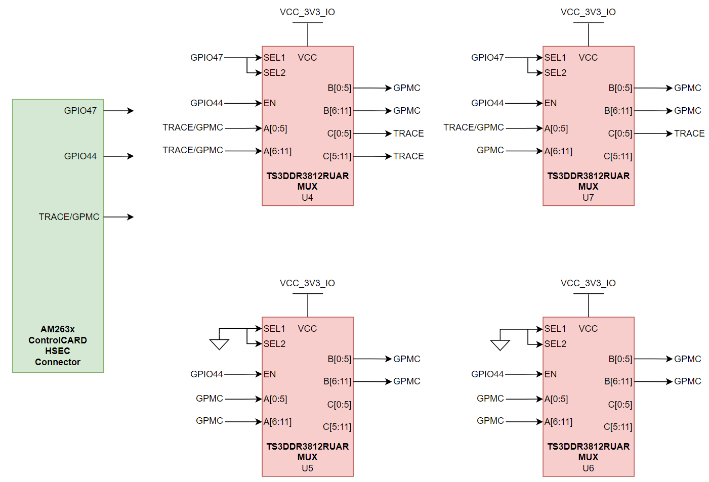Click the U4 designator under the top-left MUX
pos(307,198)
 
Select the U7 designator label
pos(588,198)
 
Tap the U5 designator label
pos(307,468)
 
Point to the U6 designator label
pos(588,468)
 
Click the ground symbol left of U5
pos(219,344)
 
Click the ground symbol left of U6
pos(500,344)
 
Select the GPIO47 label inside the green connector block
pos(80,111)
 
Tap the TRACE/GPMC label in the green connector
pos(69,217)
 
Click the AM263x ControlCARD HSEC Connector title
pos(58,345)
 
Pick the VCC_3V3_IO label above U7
pos(588,12)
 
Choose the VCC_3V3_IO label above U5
pos(307,283)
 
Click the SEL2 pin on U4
pos(274,73)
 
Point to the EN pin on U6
pos(551,374)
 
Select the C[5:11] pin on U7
pos(617,156)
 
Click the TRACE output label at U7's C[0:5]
pos(689,134)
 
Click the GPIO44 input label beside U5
pos(206,374)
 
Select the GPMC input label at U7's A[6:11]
pos(490,150)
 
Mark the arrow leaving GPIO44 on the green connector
pos(119,156)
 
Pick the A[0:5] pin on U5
pos(275,399)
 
